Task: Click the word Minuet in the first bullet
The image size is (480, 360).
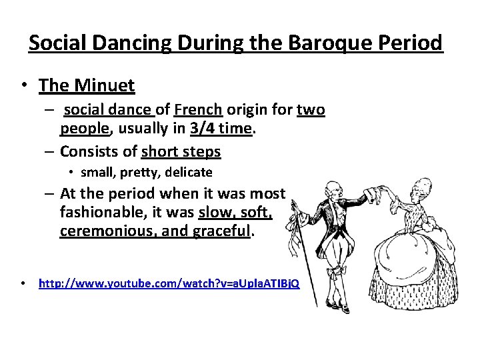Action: (x=107, y=85)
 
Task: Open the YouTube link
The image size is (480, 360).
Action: (x=169, y=283)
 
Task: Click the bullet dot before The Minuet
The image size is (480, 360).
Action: (x=23, y=86)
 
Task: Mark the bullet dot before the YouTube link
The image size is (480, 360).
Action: (x=23, y=283)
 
